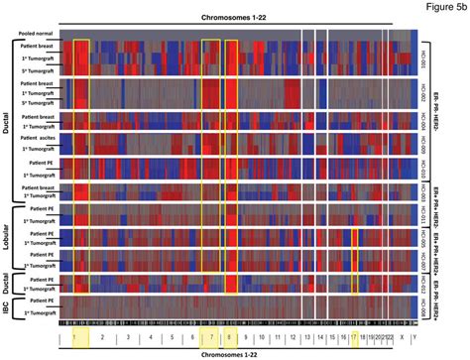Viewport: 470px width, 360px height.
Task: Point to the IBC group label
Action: tap(9, 306)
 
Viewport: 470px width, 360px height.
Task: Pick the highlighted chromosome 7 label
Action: tap(210, 337)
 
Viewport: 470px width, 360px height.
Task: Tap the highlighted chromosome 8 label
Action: tap(231, 337)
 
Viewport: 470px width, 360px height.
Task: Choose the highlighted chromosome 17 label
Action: tap(353, 337)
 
